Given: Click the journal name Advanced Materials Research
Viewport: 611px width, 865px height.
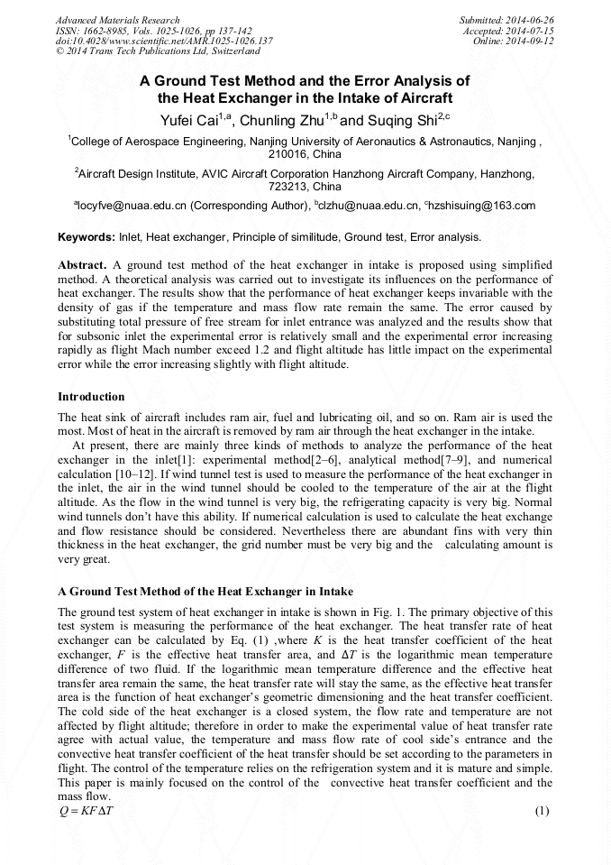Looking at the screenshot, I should pyautogui.click(x=117, y=20).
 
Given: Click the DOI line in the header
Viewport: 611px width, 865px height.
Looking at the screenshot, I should pyautogui.click(x=164, y=41).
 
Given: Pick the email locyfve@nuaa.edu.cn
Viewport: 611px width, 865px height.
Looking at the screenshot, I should pyautogui.click(x=129, y=207).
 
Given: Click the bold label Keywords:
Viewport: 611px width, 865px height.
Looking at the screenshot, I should pyautogui.click(x=86, y=237).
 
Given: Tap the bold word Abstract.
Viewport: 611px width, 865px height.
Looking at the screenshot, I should pyautogui.click(x=82, y=266).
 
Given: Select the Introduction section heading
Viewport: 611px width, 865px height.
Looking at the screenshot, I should pyautogui.click(x=91, y=397).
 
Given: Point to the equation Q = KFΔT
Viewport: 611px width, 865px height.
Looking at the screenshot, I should pyautogui.click(x=87, y=811).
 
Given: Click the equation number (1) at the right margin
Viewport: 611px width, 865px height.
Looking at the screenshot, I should pyautogui.click(x=542, y=811).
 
